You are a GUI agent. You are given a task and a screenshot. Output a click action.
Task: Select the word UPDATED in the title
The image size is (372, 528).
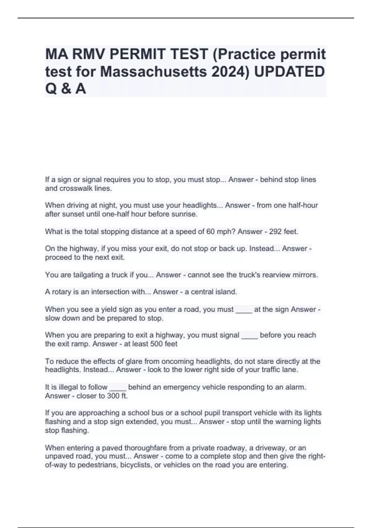(x=289, y=72)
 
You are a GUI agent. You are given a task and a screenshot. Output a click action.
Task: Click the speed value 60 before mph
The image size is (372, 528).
(x=210, y=231)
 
